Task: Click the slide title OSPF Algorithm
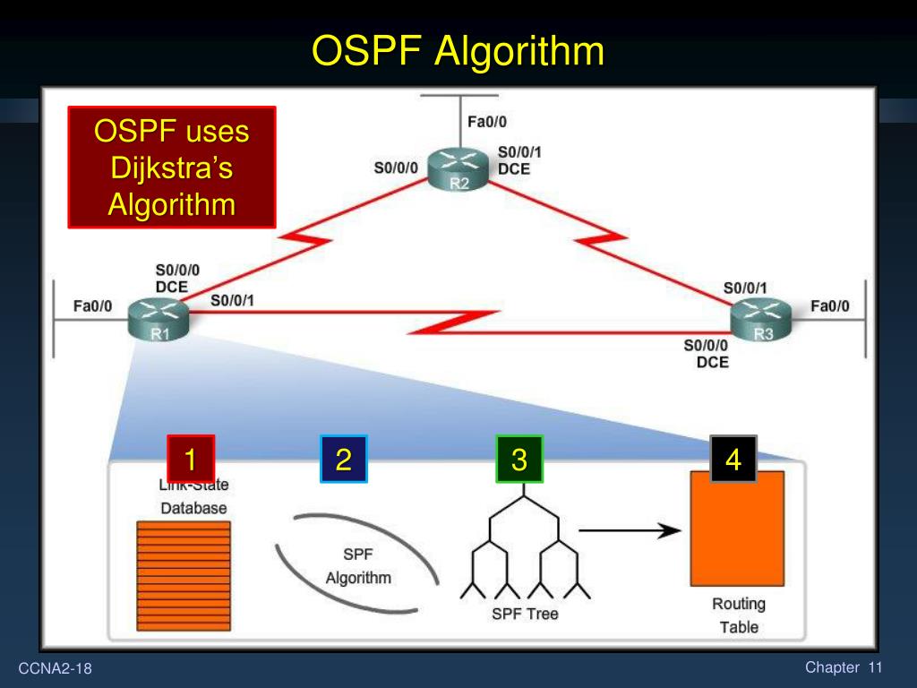tap(458, 51)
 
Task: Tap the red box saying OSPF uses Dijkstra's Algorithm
tap(172, 168)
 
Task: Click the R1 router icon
tap(159, 321)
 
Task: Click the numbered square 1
tap(191, 460)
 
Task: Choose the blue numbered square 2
tap(344, 460)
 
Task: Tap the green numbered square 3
tap(519, 460)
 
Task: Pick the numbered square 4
tap(733, 460)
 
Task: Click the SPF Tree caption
tap(525, 614)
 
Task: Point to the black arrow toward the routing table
tap(630, 530)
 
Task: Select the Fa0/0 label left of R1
tap(92, 306)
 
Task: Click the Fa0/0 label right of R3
tap(830, 306)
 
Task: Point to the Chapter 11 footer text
tap(844, 667)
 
